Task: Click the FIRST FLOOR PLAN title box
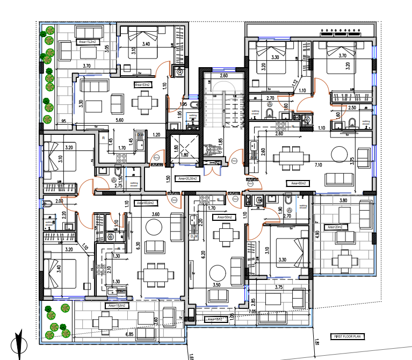pyautogui.click(x=348, y=337)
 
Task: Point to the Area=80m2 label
pyautogui.click(x=298, y=183)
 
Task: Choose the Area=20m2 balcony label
pyautogui.click(x=334, y=227)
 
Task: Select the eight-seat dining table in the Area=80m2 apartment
pyautogui.click(x=291, y=157)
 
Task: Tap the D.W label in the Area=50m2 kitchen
pyautogui.click(x=193, y=236)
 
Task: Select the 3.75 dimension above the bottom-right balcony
pyautogui.click(x=278, y=287)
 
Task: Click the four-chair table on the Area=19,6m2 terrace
pyautogui.click(x=105, y=322)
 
